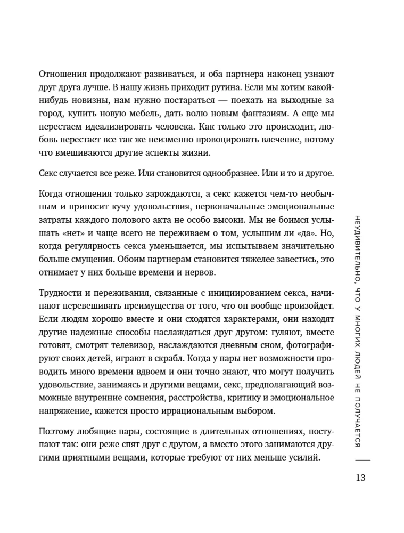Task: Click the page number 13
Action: point(360,477)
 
